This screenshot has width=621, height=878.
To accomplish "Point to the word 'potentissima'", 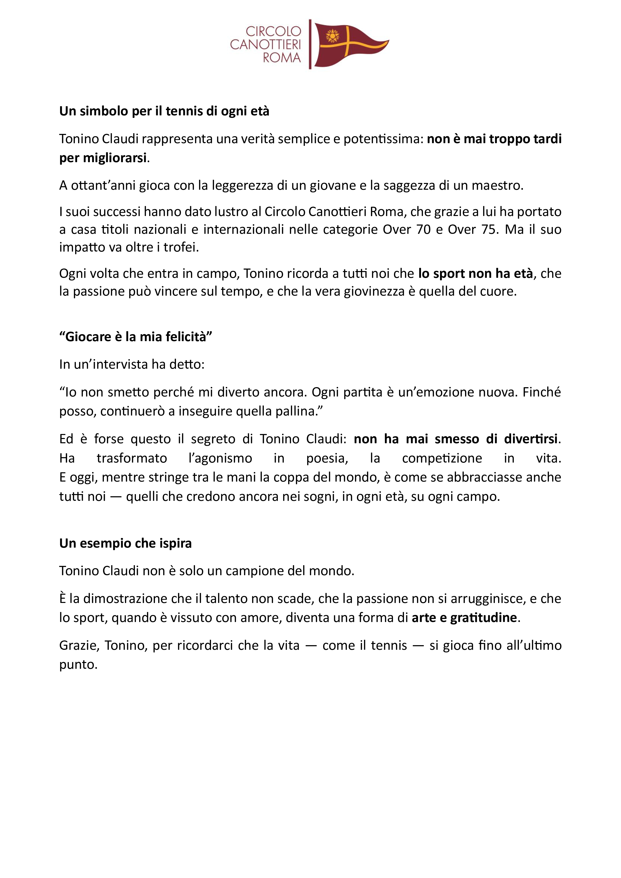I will click(383, 139).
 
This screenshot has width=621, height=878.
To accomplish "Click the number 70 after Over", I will click(423, 230).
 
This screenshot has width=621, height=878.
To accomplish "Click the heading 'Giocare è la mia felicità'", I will click(136, 337).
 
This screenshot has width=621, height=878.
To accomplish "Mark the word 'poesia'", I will click(327, 458).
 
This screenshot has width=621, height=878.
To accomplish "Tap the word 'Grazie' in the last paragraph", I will click(79, 645).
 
